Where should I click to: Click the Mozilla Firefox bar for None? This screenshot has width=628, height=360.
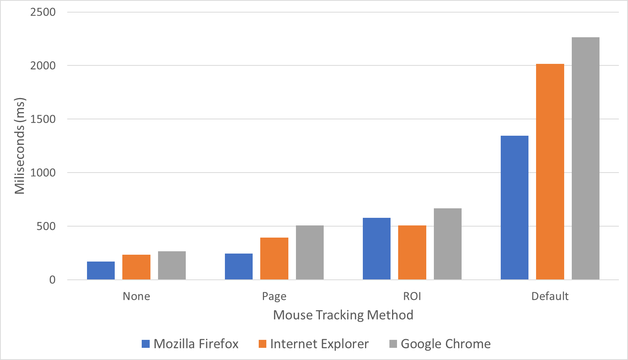tap(101, 271)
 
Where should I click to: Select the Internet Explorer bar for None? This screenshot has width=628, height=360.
tap(136, 267)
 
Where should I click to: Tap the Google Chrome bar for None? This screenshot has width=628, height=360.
tap(172, 265)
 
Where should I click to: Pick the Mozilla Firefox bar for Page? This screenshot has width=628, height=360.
tap(239, 266)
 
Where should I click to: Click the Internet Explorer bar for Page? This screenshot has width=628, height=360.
tap(274, 259)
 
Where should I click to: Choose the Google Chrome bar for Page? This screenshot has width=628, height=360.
tap(310, 252)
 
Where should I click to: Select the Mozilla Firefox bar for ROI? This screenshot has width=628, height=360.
tap(376, 249)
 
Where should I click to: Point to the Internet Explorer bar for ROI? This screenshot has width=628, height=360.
tap(412, 252)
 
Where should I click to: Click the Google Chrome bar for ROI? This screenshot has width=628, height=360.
tap(448, 244)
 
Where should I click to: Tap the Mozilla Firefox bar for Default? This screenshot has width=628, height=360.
tap(514, 208)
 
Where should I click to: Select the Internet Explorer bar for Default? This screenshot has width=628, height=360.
tap(550, 172)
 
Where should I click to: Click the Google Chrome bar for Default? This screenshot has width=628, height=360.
tap(586, 159)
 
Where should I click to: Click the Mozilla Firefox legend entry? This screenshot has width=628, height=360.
tap(190, 344)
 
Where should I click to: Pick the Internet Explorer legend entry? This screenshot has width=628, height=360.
tap(314, 344)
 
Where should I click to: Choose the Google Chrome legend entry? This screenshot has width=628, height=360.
tap(440, 344)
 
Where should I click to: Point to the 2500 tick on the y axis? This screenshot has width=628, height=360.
tap(43, 12)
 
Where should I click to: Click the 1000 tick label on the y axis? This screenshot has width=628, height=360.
tap(43, 173)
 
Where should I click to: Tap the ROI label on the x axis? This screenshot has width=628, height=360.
tap(412, 296)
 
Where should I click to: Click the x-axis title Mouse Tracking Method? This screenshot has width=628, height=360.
tap(343, 315)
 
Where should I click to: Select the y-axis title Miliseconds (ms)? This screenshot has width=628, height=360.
tap(20, 146)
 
